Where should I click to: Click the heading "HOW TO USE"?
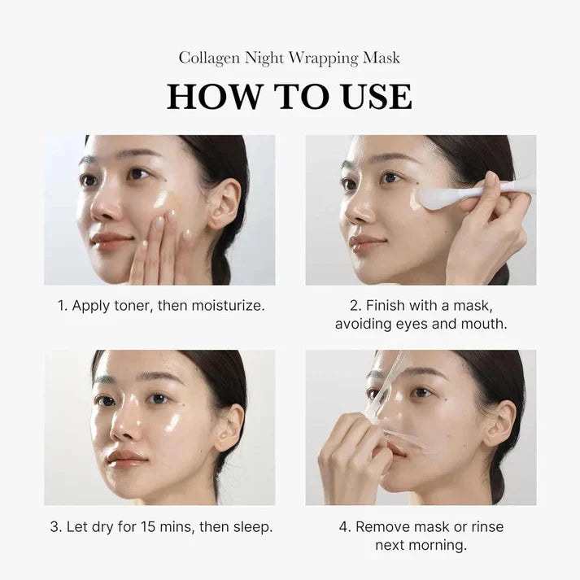pos(290,95)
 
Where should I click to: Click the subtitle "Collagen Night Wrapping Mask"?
pos(290,59)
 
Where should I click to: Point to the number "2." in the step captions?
pos(355,306)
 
